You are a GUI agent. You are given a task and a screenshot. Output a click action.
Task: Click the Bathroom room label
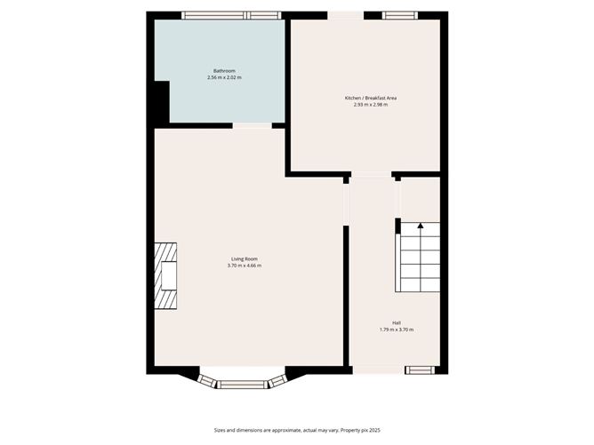tap(224, 71)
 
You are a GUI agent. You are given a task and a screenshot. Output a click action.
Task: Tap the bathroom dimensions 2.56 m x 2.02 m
tap(224, 78)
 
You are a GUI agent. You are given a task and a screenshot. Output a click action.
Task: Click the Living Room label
tap(245, 258)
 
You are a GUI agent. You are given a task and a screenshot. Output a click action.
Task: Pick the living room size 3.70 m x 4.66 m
tap(245, 266)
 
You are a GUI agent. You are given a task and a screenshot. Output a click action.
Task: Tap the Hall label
tap(397, 322)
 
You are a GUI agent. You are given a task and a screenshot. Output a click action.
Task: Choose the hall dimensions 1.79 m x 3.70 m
tap(397, 330)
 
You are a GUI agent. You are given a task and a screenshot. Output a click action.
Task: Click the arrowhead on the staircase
tap(421, 226)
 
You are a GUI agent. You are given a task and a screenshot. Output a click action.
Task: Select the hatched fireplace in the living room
tap(166, 276)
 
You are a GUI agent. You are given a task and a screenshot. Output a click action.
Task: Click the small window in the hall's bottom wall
tap(419, 370)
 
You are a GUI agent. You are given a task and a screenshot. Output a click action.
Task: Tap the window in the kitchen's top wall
tap(399, 15)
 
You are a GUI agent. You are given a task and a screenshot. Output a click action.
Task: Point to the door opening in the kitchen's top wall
tap(345, 15)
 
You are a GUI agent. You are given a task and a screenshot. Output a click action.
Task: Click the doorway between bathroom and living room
tap(253, 125)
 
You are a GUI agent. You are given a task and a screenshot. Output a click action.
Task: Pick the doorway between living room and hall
tap(346, 203)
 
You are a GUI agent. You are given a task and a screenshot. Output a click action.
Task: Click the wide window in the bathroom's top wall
tap(225, 15)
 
